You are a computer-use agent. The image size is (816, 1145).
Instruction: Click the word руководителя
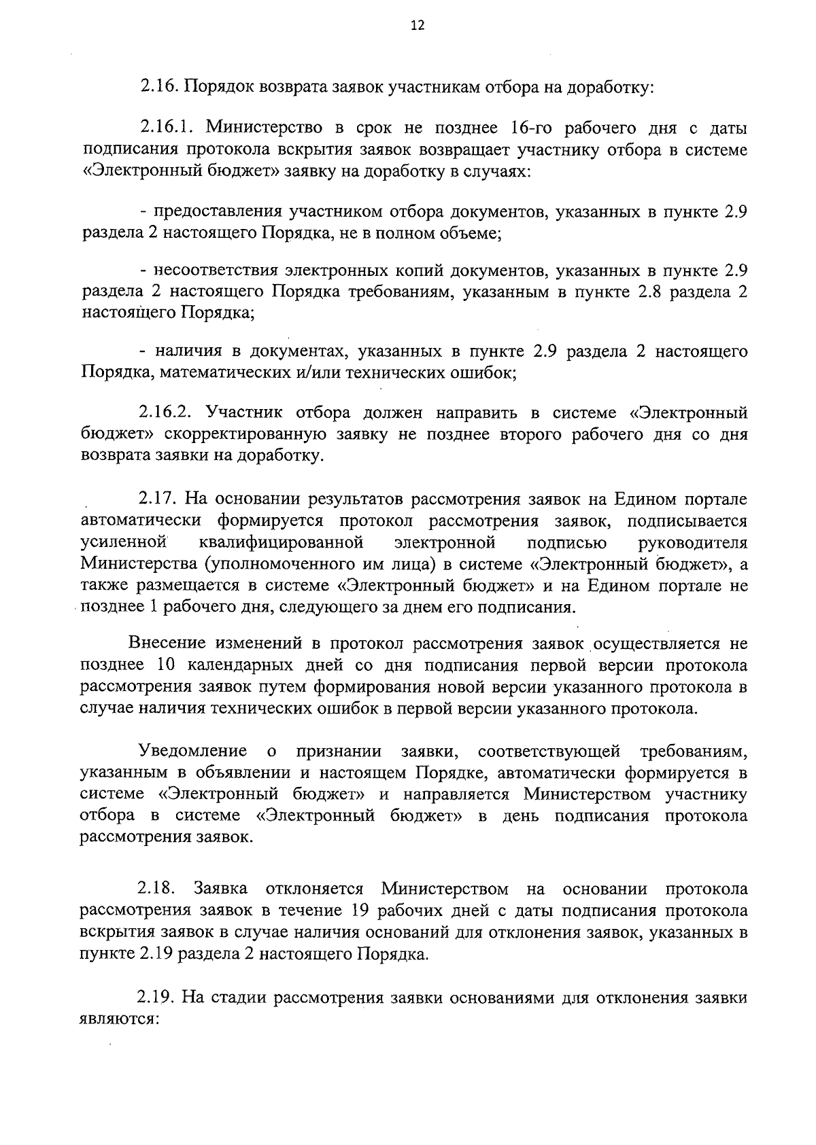coord(693,543)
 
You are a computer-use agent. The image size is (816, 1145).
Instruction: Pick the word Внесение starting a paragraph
coord(167,644)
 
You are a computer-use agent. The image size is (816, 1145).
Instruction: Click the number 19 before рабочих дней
coord(364,911)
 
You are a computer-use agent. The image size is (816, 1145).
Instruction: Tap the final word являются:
coord(119,1020)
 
